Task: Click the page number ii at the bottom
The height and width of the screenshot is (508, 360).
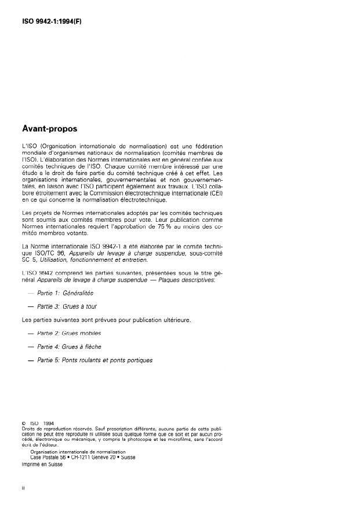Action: [23, 488]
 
